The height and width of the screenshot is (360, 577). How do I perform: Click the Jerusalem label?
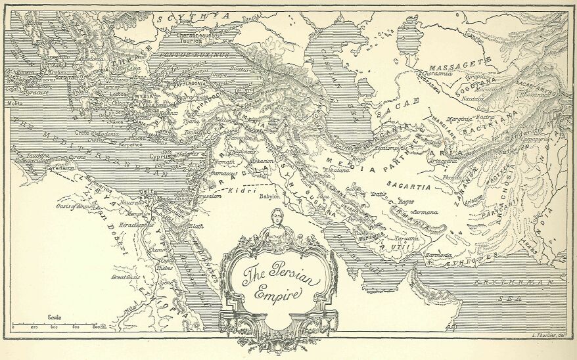coord(206,196)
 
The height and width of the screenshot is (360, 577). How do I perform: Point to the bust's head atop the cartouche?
coord(277,216)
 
